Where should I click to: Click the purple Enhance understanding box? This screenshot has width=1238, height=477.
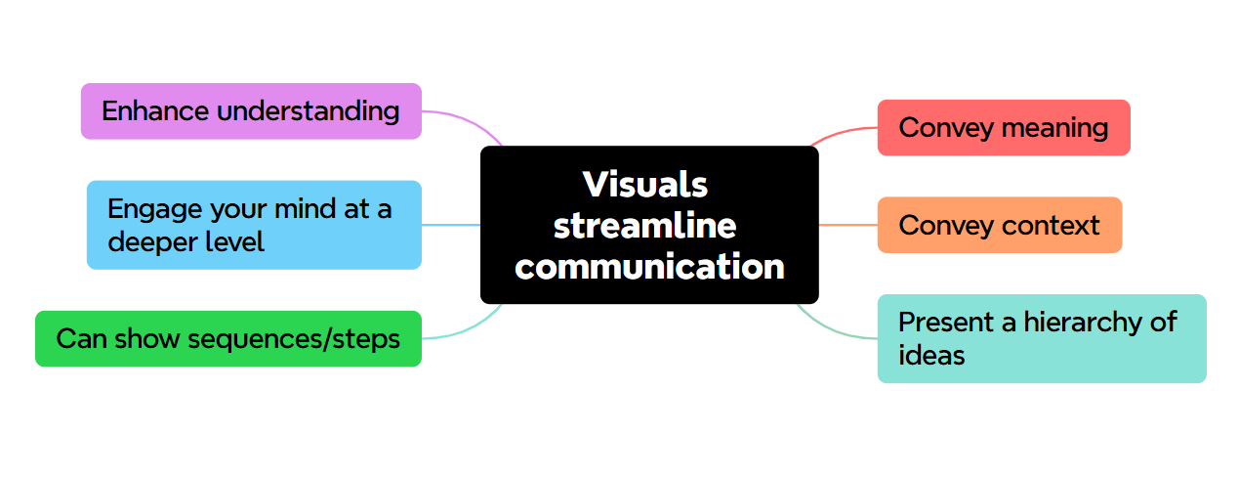pyautogui.click(x=251, y=111)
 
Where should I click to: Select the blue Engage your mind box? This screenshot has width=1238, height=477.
pyautogui.click(x=254, y=225)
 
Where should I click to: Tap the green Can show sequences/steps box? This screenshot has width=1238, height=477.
pyautogui.click(x=228, y=338)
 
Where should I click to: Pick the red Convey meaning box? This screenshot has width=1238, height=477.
pyautogui.click(x=1004, y=127)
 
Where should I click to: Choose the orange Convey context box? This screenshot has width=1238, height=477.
pyautogui.click(x=1000, y=225)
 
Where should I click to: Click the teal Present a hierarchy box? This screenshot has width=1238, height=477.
pyautogui.click(x=1042, y=338)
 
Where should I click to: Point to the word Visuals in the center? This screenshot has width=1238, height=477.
pyautogui.click(x=645, y=184)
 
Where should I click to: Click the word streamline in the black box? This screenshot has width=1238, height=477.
pyautogui.click(x=645, y=225)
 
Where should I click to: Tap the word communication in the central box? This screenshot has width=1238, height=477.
pyautogui.click(x=649, y=266)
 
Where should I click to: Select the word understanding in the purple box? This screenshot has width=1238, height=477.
pyautogui.click(x=308, y=111)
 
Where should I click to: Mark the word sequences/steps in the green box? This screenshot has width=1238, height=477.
pyautogui.click(x=293, y=338)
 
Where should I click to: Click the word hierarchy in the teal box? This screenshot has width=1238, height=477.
pyautogui.click(x=1085, y=322)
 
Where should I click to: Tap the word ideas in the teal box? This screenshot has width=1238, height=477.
pyautogui.click(x=931, y=355)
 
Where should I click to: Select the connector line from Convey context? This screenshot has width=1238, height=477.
pyautogui.click(x=847, y=225)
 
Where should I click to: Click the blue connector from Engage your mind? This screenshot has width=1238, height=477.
pyautogui.click(x=451, y=225)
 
